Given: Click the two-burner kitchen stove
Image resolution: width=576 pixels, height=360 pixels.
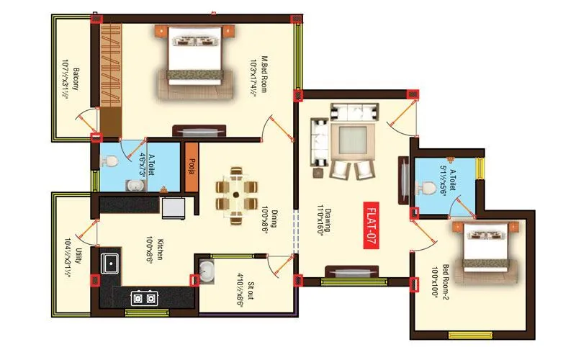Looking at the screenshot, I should tap(144, 297).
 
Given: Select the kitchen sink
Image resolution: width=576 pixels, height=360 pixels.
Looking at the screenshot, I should tap(112, 263).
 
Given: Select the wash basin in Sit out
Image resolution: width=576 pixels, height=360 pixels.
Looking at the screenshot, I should tap(207, 271).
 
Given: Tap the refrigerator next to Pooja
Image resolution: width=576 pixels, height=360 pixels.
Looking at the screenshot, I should tap(173, 207).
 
